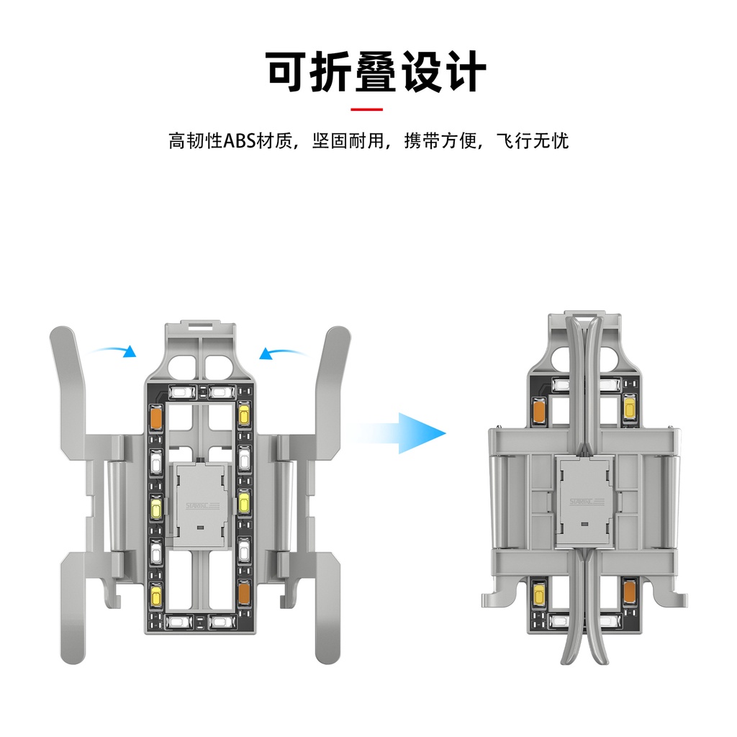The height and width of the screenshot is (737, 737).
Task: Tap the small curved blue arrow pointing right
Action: tap(115, 351)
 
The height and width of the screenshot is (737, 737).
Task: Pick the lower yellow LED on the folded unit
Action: tap(538, 594)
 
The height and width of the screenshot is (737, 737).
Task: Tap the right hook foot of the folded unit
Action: tap(674, 597)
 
